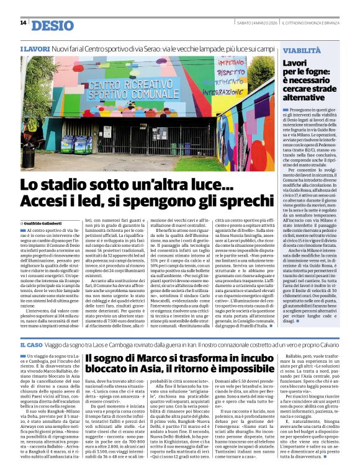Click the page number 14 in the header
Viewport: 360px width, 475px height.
(x=23, y=23)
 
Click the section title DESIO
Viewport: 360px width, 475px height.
(x=52, y=25)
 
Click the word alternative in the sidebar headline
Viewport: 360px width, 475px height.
(x=305, y=97)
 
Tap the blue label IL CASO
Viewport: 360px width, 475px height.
(x=31, y=344)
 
